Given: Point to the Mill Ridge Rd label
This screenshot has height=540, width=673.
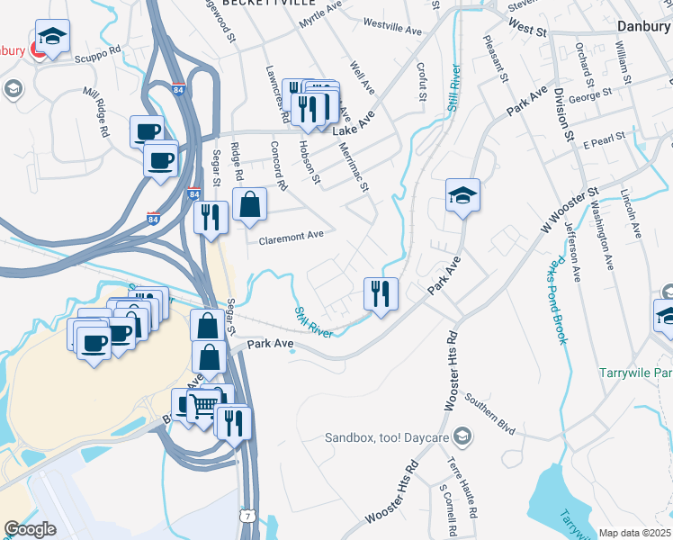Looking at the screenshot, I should (x=95, y=112).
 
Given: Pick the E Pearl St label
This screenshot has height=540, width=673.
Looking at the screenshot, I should (x=604, y=142).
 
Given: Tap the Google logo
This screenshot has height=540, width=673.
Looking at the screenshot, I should (x=30, y=529).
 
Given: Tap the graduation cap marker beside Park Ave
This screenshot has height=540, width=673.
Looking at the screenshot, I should (x=462, y=195).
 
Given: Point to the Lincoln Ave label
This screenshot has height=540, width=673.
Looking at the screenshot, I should (x=629, y=213).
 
